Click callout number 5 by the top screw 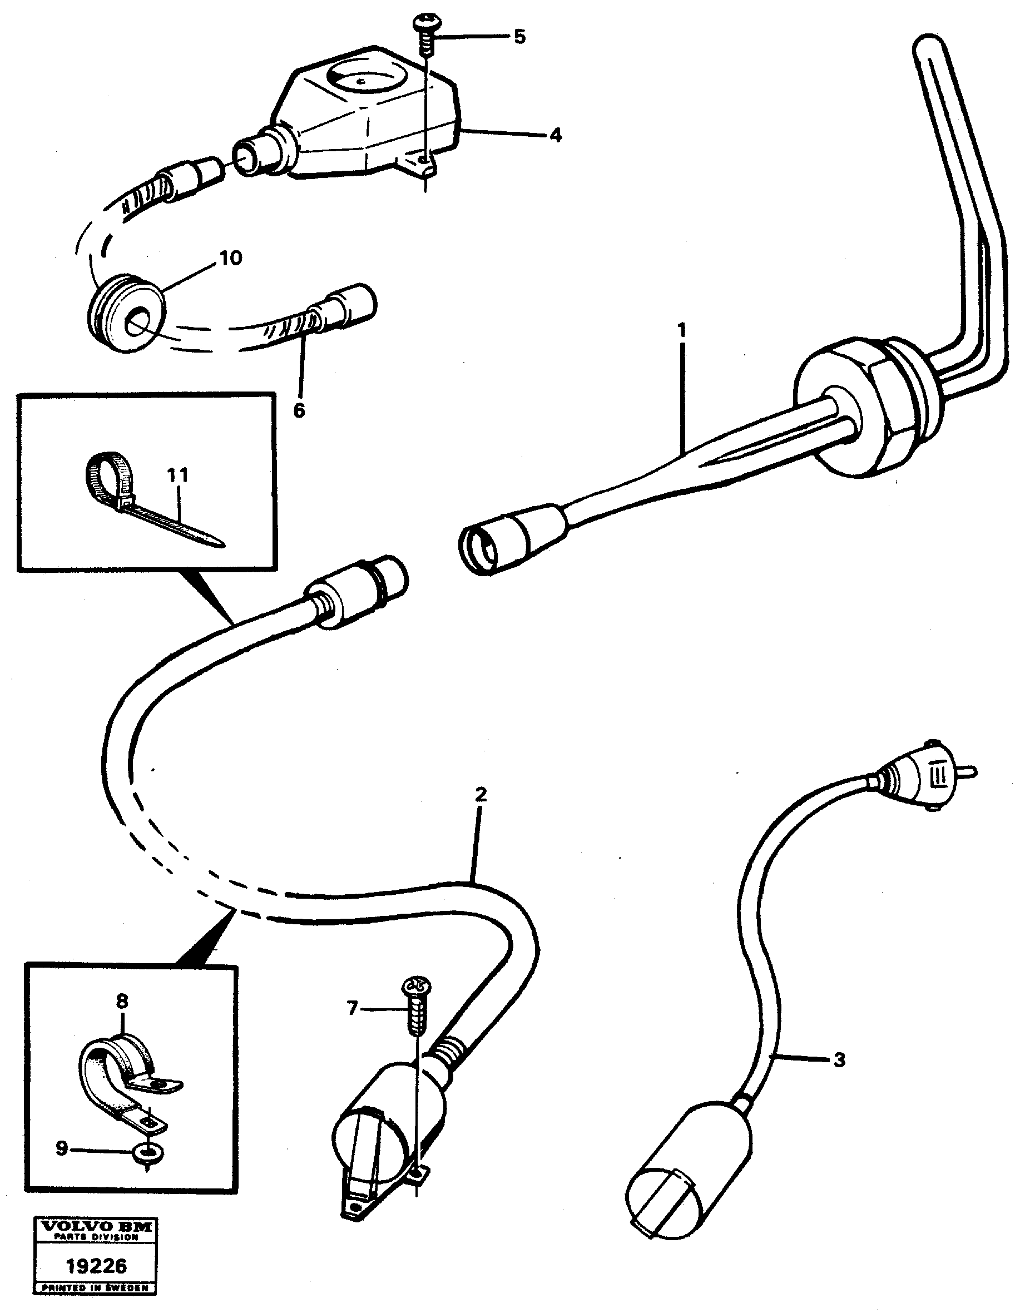click(519, 37)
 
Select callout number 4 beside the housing click(556, 135)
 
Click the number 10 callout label click(230, 258)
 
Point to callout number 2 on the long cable click(481, 794)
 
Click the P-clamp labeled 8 click(120, 1064)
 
